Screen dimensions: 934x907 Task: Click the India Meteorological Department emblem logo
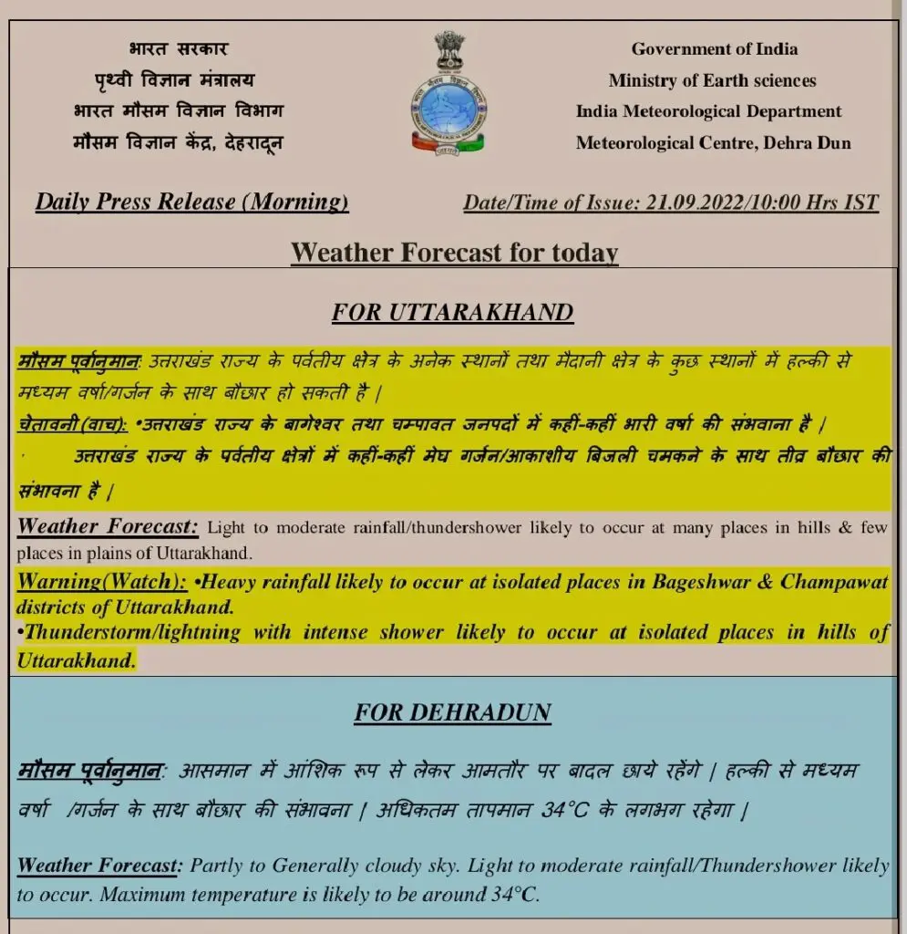coord(448,92)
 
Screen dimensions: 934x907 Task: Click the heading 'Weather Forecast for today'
coord(454,252)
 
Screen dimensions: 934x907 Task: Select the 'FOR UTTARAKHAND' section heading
coord(452,313)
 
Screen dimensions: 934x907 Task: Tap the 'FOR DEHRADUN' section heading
coord(452,711)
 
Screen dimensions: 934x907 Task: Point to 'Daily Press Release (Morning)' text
coord(191,202)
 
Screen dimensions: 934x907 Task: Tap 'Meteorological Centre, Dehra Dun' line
coord(713,142)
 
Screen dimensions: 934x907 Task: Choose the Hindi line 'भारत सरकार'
coord(179,49)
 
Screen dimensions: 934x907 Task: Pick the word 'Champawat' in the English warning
coord(834,582)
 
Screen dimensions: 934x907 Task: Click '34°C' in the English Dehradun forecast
coord(509,895)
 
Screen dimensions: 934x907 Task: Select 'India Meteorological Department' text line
coord(708,111)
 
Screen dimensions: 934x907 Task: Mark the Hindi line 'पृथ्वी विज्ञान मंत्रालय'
coord(175,80)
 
